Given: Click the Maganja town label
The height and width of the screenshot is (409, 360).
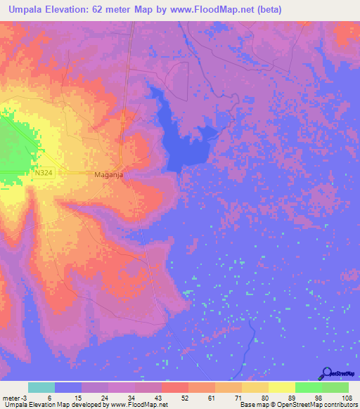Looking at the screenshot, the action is (x=108, y=174).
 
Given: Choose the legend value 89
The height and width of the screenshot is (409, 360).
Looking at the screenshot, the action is (x=290, y=398).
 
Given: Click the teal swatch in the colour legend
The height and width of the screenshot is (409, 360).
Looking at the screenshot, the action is (x=41, y=387).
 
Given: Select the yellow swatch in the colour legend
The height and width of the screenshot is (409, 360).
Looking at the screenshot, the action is (x=281, y=387).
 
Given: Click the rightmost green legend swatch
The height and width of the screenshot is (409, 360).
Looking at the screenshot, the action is (x=335, y=387).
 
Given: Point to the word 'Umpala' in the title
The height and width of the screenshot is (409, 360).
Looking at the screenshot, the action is (x=28, y=9).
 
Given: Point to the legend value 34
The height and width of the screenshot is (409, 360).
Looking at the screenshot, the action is (x=131, y=398).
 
